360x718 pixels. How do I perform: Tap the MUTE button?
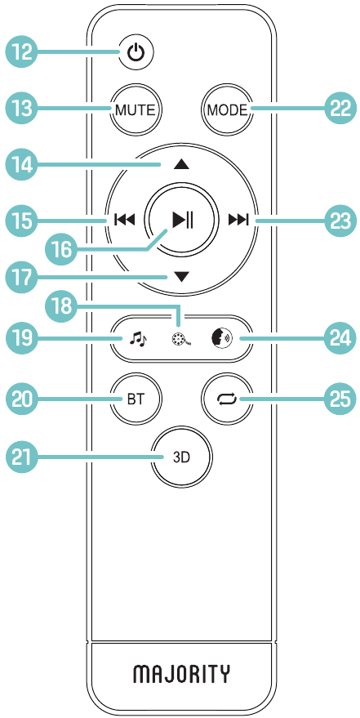[x=136, y=110]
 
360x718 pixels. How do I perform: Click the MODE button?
[x=227, y=110]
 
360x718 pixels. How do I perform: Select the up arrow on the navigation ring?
[x=181, y=164]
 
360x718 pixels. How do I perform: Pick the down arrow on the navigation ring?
[x=181, y=277]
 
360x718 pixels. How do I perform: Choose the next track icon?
[x=238, y=221]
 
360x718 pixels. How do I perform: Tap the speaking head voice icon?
[x=223, y=340]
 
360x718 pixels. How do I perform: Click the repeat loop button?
[x=229, y=399]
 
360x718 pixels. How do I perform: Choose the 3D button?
[x=182, y=457]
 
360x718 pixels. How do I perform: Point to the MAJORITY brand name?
[x=181, y=674]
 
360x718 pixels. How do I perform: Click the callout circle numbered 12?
[x=21, y=52]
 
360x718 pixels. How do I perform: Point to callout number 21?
[x=21, y=457]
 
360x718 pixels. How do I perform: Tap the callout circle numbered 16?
[x=61, y=250]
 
